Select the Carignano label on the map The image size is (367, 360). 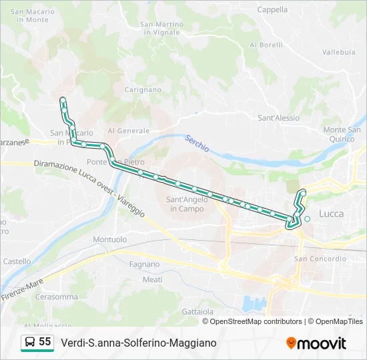point(143,89)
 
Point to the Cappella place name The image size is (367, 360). point(272,10)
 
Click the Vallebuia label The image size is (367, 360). point(338,51)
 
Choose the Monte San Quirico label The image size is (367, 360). point(342,134)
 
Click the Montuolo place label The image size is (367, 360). point(110,239)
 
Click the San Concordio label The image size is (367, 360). point(320,259)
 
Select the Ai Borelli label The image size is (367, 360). point(266,45)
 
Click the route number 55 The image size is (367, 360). point(45,342)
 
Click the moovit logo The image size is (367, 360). point(316,343)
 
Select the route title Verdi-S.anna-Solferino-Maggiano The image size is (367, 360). point(139,343)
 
